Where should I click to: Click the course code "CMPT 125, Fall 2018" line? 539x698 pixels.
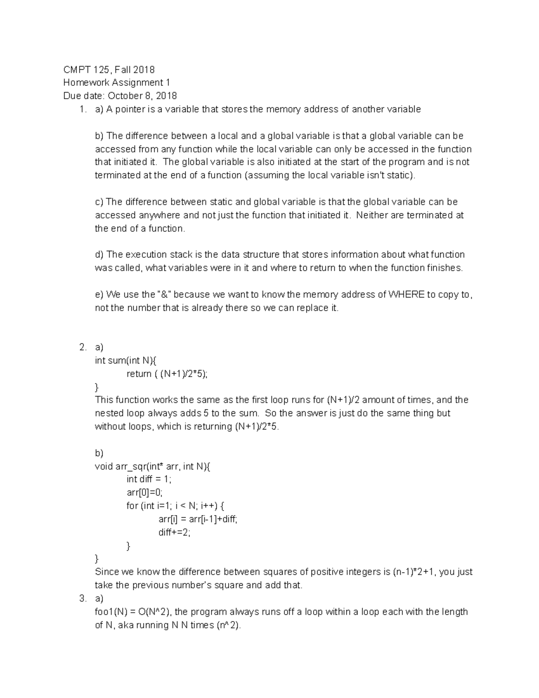[109, 70]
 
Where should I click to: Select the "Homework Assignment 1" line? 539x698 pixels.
[116, 83]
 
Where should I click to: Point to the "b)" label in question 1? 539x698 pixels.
[99, 136]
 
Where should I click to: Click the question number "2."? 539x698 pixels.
[82, 347]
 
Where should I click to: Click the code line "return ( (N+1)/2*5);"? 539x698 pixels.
[168, 374]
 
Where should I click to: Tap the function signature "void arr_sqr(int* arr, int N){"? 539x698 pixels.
[152, 467]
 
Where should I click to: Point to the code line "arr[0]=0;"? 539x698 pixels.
[144, 493]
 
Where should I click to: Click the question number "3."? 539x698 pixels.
[82, 599]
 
